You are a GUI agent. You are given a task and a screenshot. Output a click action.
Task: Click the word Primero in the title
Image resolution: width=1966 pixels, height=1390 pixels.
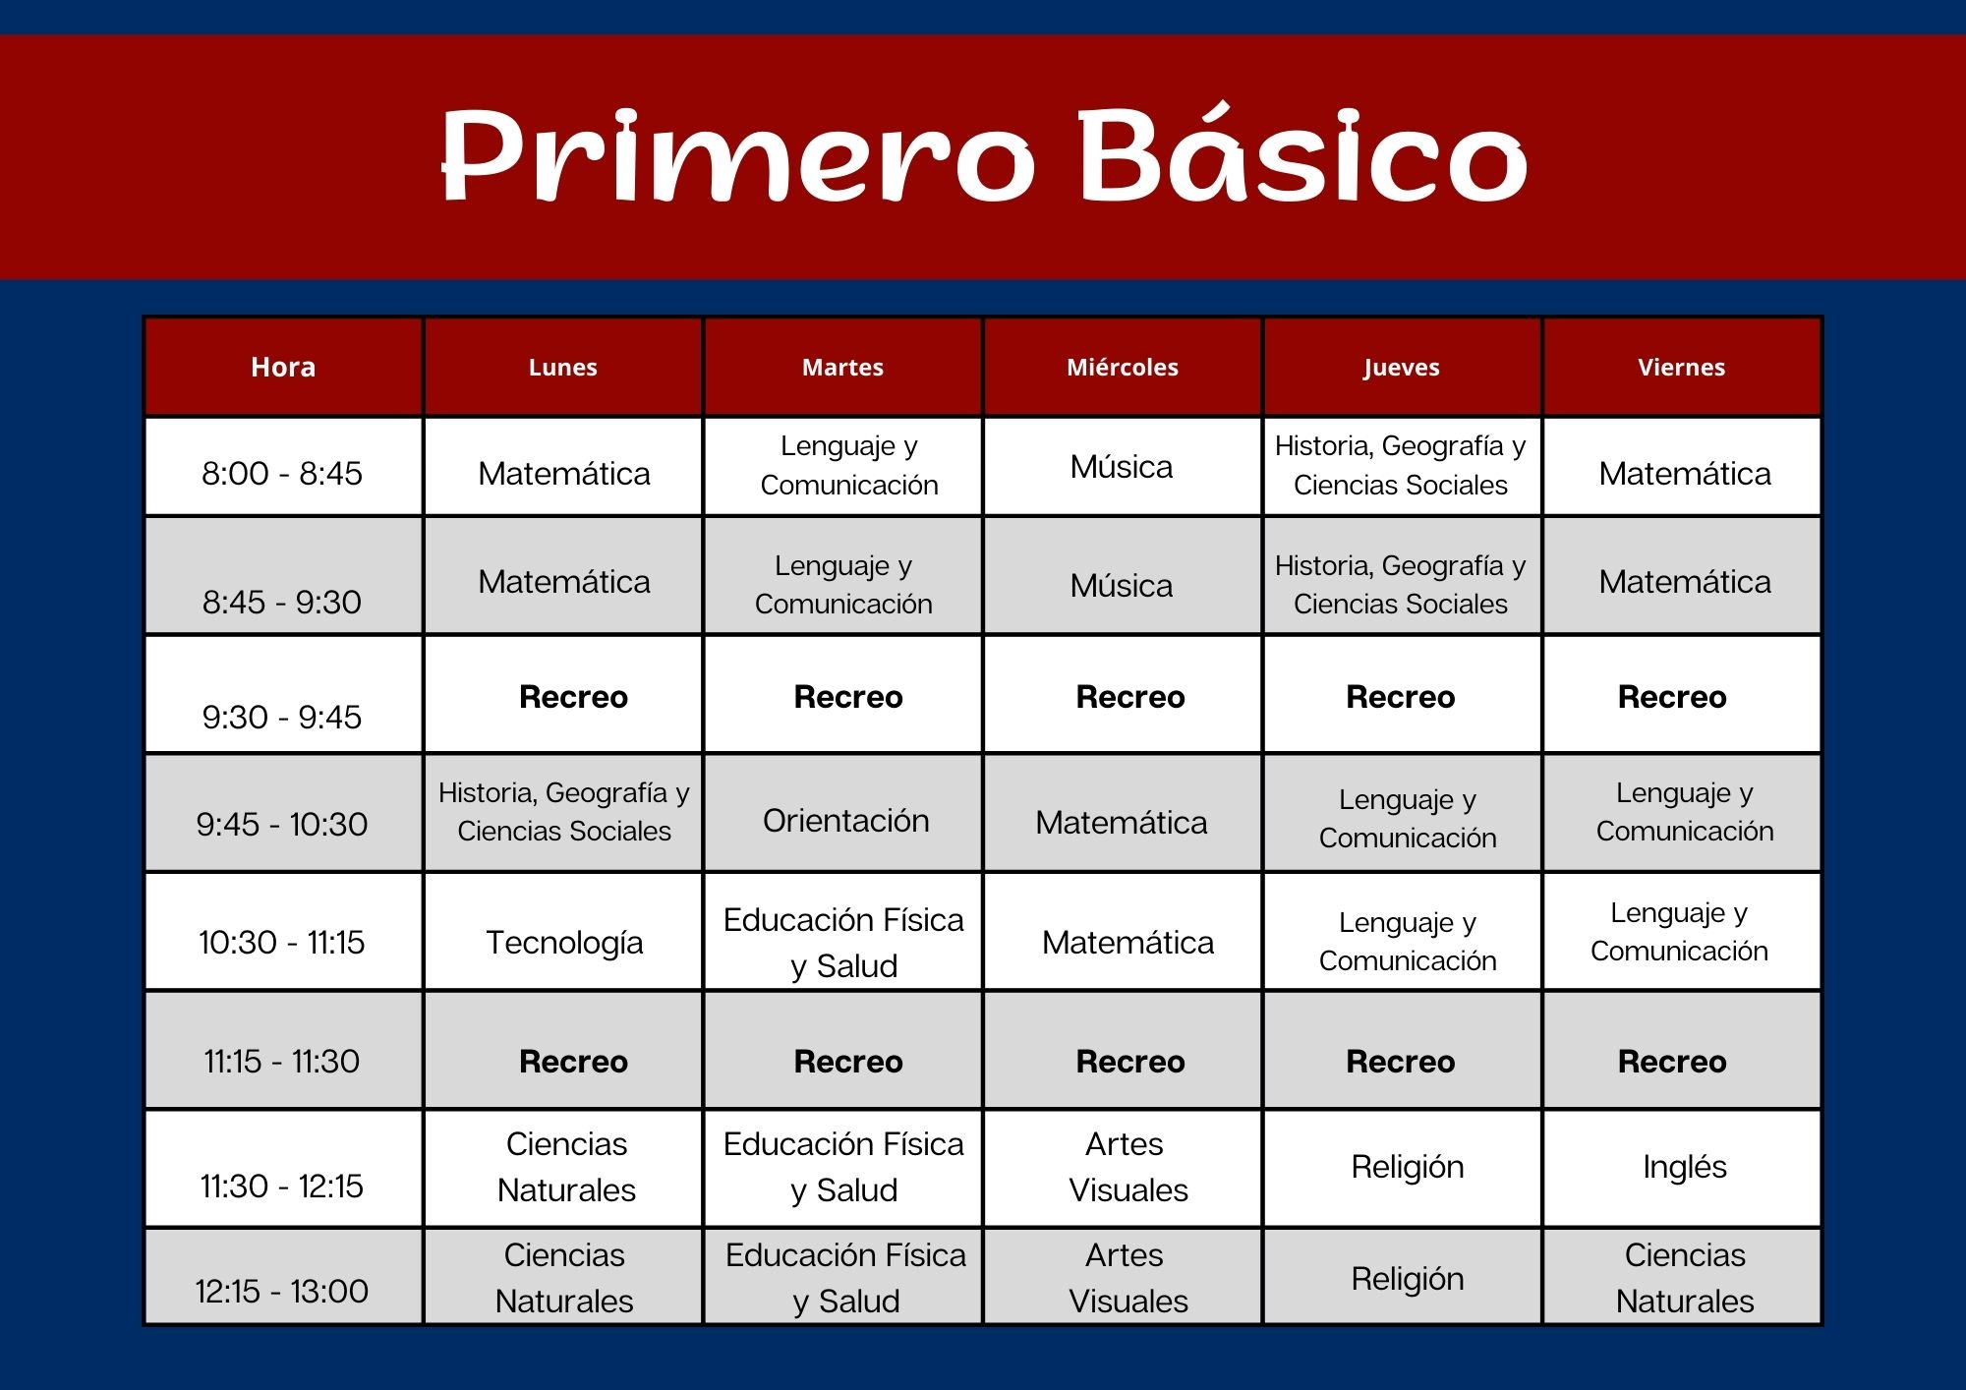click(736, 154)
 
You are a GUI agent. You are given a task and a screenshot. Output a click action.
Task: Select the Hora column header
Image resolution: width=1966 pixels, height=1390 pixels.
click(283, 367)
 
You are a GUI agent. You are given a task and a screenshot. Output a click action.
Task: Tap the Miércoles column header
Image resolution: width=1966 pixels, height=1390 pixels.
click(1123, 367)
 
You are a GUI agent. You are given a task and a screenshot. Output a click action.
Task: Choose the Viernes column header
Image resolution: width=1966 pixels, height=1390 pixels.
click(1681, 367)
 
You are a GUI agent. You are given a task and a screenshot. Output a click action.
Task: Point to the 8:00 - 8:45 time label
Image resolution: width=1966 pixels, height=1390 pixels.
click(282, 473)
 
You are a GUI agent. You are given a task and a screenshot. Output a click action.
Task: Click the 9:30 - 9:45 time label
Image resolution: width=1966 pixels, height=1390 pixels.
click(282, 717)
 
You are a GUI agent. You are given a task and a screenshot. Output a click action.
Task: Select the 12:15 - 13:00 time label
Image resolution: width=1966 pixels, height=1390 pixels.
click(282, 1291)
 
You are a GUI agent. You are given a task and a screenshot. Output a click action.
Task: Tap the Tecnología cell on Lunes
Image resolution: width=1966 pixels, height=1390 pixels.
click(564, 943)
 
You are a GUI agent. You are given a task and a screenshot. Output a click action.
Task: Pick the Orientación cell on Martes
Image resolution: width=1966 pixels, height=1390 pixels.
click(846, 820)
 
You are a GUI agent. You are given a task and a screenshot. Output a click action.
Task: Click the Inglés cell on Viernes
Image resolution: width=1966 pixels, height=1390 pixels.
click(1685, 1167)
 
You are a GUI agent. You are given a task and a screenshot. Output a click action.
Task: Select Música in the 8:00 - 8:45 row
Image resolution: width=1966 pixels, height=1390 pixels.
click(1122, 466)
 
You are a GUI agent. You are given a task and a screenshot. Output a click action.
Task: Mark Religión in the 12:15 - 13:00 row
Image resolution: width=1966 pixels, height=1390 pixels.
click(1408, 1279)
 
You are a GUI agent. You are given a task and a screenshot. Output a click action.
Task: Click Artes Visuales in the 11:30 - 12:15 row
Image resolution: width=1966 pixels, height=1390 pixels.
click(1128, 1167)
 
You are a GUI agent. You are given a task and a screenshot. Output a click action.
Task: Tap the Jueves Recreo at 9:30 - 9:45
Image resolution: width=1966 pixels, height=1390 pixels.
click(1401, 697)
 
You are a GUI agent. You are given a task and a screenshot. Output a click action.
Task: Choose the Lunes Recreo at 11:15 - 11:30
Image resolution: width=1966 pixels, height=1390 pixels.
click(573, 1062)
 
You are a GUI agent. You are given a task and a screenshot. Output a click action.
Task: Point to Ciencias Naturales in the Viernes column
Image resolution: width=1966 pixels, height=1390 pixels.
click(1685, 1278)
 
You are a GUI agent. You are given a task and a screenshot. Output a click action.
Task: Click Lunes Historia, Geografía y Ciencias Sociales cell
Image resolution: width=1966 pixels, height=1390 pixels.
click(564, 812)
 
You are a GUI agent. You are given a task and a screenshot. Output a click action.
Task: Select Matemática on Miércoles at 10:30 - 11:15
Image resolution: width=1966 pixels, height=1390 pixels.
click(1128, 943)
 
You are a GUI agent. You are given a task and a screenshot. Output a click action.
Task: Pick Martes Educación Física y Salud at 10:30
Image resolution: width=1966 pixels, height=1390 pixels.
click(843, 943)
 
